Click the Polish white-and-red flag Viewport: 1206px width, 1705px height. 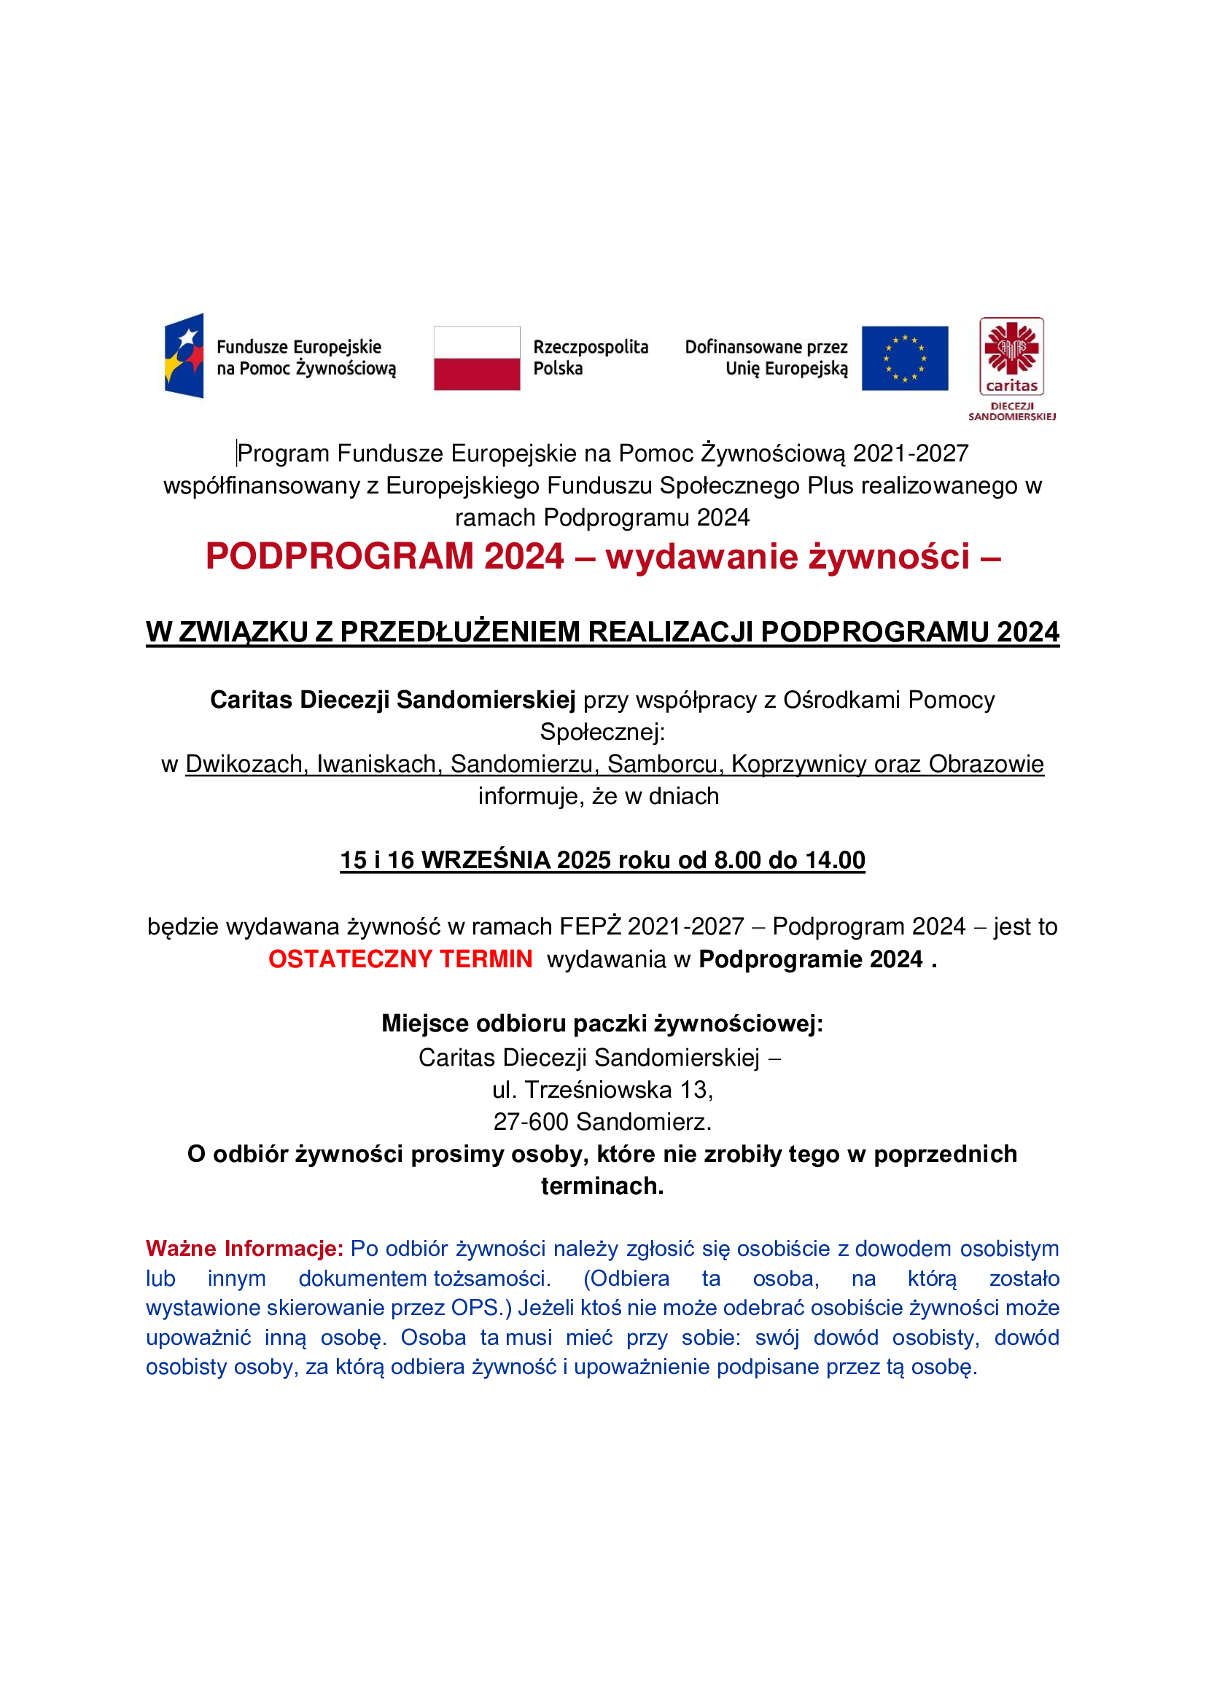(477, 358)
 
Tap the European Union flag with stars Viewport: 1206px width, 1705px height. (904, 358)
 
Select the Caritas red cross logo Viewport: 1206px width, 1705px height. (1011, 349)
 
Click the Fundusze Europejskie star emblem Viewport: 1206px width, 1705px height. (184, 356)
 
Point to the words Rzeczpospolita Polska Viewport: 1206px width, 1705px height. (591, 357)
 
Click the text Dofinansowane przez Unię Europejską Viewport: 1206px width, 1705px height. (766, 357)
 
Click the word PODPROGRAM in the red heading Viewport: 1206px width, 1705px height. (339, 556)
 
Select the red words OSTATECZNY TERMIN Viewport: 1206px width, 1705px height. (400, 959)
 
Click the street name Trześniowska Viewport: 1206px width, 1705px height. (599, 1089)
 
